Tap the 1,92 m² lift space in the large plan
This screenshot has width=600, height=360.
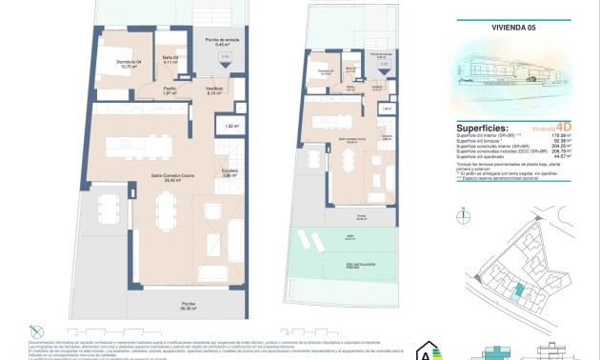coord(230,126)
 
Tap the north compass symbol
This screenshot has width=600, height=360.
coord(464,218)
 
